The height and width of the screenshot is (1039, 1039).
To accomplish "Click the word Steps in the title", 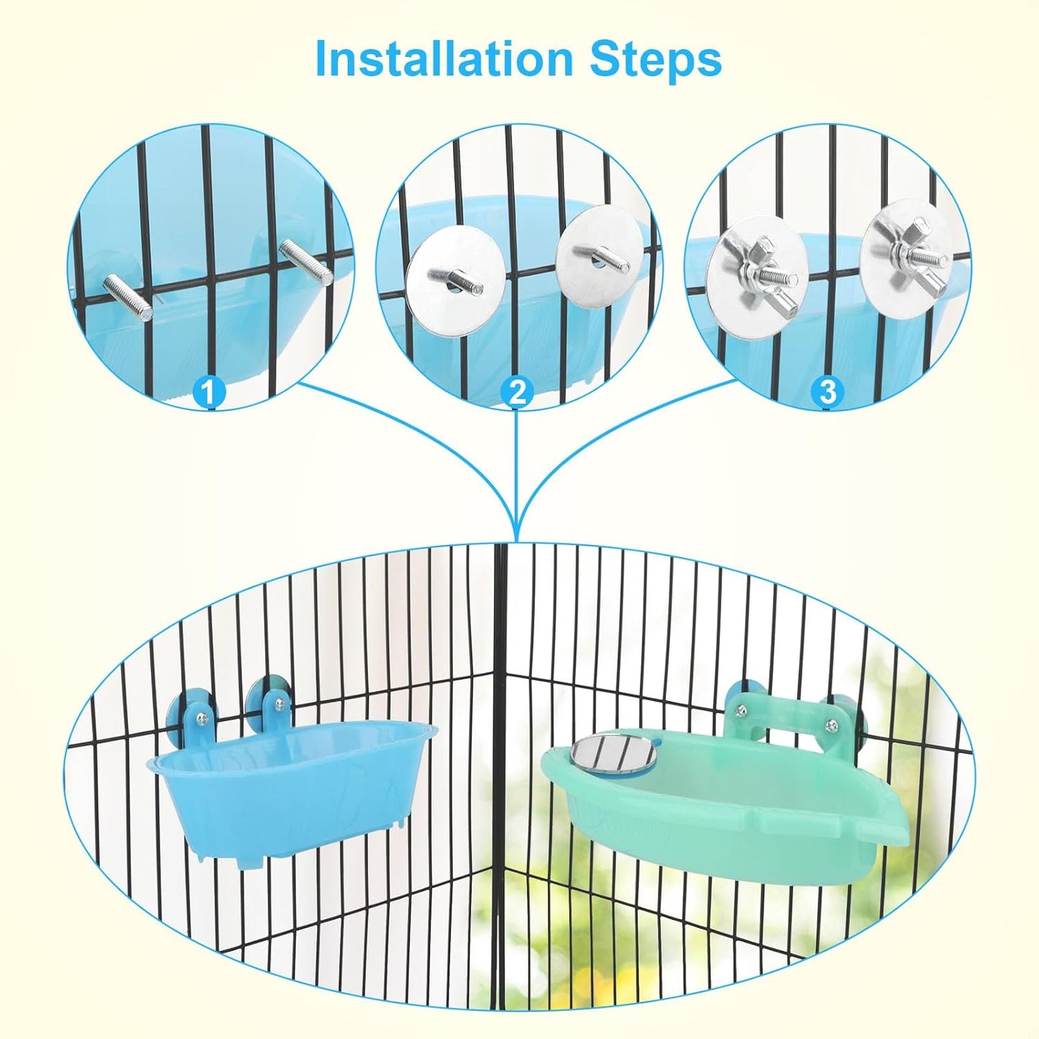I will tap(655, 61).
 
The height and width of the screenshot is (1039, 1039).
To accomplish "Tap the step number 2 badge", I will tap(517, 393).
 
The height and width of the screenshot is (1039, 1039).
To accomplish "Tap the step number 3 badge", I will tap(827, 393).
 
